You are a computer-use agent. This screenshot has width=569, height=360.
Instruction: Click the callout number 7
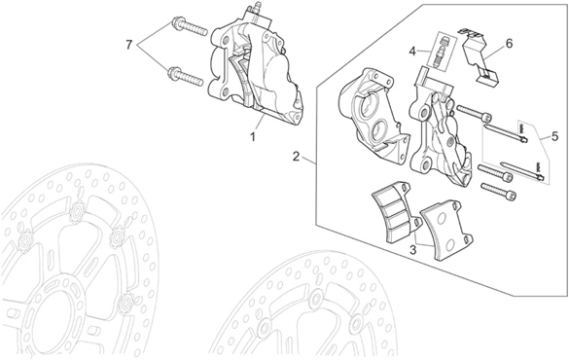point(129,46)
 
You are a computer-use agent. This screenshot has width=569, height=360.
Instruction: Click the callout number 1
point(252,137)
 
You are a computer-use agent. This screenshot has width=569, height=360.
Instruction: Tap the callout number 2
point(297,157)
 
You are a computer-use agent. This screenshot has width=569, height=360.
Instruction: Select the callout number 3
point(412,250)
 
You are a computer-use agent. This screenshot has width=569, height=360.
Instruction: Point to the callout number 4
point(412,52)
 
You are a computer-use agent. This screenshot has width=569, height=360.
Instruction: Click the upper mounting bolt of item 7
point(189,25)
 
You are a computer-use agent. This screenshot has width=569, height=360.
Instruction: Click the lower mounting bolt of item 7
point(186,76)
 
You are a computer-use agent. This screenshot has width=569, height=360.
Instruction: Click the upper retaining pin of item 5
point(506,133)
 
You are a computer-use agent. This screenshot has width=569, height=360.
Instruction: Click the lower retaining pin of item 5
point(521,170)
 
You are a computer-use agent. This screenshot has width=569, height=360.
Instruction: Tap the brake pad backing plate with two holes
point(446,230)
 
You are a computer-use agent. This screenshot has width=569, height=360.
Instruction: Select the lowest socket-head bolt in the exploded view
point(499,192)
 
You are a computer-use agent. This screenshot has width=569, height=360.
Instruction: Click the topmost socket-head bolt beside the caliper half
point(475,113)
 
